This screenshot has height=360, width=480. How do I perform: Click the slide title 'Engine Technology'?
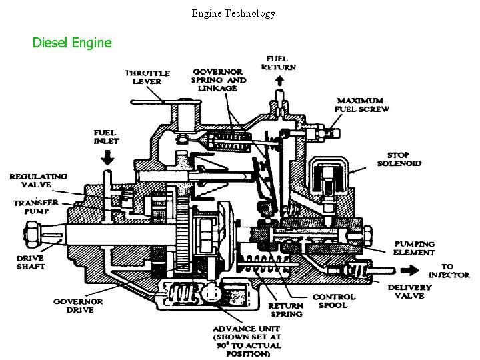click(233, 13)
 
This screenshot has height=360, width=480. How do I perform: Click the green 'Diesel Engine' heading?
click(73, 43)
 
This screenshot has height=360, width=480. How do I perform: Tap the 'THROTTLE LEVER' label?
click(147, 77)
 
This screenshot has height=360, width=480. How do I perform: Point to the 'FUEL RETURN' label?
click(279, 62)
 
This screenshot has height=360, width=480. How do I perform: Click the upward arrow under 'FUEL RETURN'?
click(279, 80)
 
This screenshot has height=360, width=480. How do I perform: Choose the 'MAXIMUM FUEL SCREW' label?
click(363, 105)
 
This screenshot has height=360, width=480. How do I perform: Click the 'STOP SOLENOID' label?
click(399, 159)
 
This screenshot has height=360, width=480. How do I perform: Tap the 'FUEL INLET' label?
click(107, 137)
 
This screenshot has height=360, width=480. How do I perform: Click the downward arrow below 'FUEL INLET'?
click(107, 157)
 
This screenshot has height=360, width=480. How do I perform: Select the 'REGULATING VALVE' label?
click(38, 181)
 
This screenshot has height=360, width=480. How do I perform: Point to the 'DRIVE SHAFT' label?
click(31, 262)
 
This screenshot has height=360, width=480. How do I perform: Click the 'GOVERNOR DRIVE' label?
click(78, 306)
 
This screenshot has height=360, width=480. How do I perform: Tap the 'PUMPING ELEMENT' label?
click(414, 248)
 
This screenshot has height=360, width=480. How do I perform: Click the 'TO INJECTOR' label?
click(449, 270)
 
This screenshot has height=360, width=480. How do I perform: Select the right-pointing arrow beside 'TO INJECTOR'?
click(409, 271)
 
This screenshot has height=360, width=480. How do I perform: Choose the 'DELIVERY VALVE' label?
click(409, 291)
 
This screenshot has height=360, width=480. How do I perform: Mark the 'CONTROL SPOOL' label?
click(334, 301)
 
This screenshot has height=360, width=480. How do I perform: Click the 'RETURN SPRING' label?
click(285, 310)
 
